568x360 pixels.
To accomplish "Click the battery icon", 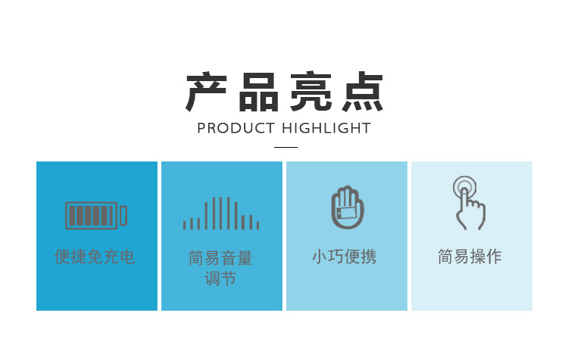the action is coord(96,216).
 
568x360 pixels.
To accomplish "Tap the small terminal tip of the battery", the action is coord(123,216).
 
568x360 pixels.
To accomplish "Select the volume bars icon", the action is coord(221,214).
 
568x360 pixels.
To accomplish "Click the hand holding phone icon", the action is coord(348,208).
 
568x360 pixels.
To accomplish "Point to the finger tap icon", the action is coord(469,203).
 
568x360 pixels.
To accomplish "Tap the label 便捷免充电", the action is coord(95,257).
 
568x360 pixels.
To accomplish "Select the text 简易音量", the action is coord(220,258).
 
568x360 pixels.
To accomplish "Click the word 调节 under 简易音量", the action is coord(220,278).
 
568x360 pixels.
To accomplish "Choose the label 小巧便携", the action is coord(345,257).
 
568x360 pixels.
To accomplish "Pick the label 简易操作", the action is coord(470,257).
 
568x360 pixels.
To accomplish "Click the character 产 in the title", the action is coord(206,92).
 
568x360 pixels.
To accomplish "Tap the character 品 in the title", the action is coord(258,92).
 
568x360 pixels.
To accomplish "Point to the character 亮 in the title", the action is coord(311,92).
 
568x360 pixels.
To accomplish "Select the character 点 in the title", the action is coord(363,92).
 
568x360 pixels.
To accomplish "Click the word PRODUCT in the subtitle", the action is coord(236,128).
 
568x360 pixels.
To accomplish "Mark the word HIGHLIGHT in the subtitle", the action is coord(326,128).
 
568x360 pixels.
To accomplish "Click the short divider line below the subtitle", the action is coord(286,147).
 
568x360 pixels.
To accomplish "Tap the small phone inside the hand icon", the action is coord(347,213).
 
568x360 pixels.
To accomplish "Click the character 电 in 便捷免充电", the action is coord(127,257).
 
